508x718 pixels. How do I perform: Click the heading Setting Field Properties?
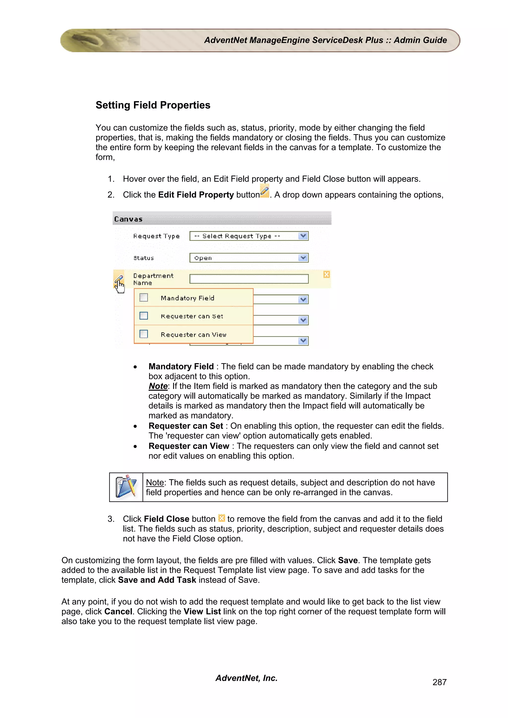(x=153, y=105)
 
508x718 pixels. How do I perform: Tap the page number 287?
(x=439, y=682)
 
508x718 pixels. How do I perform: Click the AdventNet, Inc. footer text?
(x=246, y=678)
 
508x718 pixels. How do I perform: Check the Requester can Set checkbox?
(x=144, y=316)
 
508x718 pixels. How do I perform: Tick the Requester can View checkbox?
(x=144, y=334)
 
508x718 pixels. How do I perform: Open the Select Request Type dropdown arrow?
(x=303, y=236)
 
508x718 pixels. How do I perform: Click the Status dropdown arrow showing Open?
(x=303, y=258)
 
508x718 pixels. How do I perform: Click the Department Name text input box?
(x=249, y=279)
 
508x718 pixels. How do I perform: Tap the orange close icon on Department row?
(x=326, y=275)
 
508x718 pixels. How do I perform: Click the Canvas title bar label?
(x=128, y=219)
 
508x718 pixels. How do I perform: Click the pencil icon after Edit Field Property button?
(x=264, y=191)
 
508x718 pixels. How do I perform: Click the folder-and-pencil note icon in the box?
(x=126, y=487)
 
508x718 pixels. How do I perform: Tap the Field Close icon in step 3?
(x=221, y=518)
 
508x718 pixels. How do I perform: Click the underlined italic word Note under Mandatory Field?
(x=158, y=386)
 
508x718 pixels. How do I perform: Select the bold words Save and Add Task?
(x=157, y=580)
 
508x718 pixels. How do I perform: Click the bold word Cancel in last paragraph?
(x=118, y=611)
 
